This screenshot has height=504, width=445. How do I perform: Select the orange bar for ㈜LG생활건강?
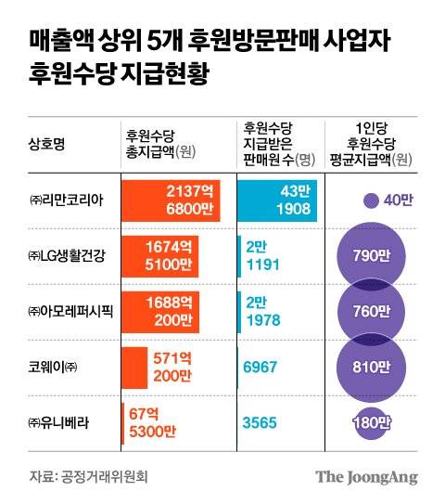tap(160, 256)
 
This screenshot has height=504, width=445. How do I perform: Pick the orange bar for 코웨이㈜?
tap(134, 366)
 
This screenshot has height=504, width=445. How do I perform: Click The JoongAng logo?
tap(366, 477)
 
